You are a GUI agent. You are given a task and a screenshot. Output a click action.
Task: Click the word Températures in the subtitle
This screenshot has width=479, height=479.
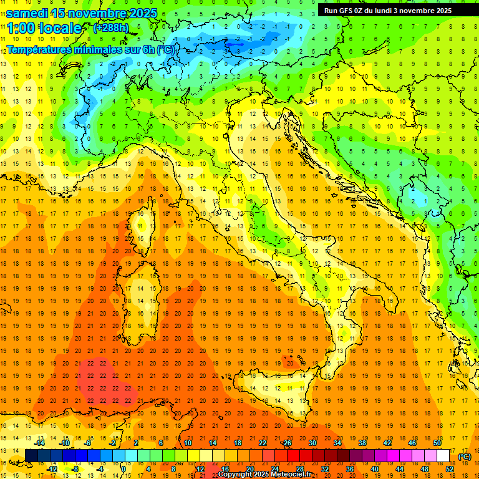pyautogui.click(x=39, y=49)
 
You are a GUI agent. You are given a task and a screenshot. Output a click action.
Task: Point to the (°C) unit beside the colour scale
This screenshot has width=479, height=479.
pyautogui.click(x=465, y=457)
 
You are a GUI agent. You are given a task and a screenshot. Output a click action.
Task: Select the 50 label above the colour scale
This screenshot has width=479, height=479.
pyautogui.click(x=437, y=443)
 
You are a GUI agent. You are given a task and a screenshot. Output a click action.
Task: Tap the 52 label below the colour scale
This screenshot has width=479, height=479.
pyautogui.click(x=450, y=469)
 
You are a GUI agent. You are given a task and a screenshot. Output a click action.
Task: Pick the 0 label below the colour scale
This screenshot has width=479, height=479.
pyautogui.click(x=123, y=469)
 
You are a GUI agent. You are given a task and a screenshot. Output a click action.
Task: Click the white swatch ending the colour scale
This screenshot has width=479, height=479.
pyautogui.click(x=443, y=456)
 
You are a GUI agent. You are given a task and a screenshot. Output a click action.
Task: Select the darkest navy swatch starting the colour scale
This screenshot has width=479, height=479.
pyautogui.click(x=31, y=456)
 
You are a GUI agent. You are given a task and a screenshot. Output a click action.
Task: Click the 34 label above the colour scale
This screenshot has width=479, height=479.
pyautogui.click(x=337, y=443)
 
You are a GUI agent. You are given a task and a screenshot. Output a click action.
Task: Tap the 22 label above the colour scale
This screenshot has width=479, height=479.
pyautogui.click(x=263, y=443)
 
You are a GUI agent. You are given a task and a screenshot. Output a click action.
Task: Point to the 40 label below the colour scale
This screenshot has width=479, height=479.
pyautogui.click(x=375, y=469)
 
